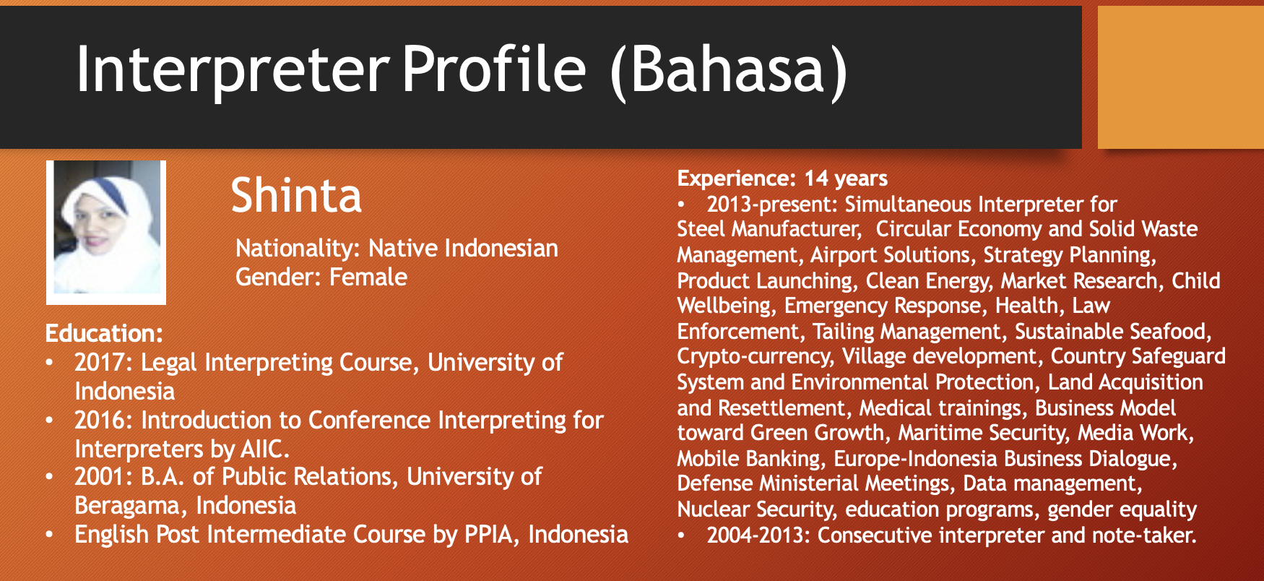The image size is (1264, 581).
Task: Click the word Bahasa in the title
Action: point(728,70)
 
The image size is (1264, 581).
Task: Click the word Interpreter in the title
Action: point(233,70)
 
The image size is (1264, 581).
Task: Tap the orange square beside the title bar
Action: point(1181,77)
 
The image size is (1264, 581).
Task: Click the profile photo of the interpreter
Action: point(106,232)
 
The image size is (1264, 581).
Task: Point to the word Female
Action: point(368,277)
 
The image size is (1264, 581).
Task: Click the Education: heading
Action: point(104,333)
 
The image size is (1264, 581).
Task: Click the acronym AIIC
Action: point(264,449)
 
